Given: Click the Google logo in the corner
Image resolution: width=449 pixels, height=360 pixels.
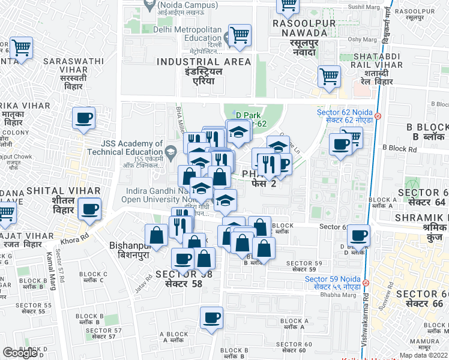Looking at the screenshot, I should point(20,353).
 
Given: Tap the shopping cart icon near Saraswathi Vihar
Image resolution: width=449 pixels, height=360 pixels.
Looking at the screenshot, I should point(21,48).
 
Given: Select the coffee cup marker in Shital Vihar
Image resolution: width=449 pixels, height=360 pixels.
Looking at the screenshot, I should point(89,209).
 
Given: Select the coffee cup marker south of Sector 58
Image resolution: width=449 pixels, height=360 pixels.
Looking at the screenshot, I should point(211,318).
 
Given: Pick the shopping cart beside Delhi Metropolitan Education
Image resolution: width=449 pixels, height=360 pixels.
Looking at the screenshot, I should point(240,35).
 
